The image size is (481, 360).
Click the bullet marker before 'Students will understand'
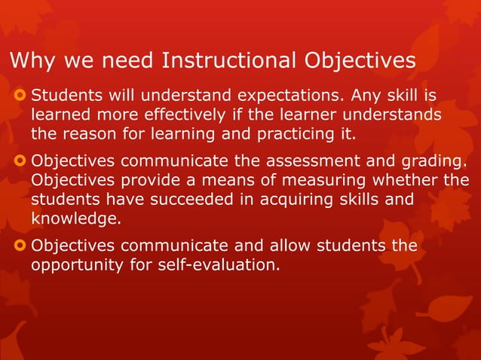pos(19,96)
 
